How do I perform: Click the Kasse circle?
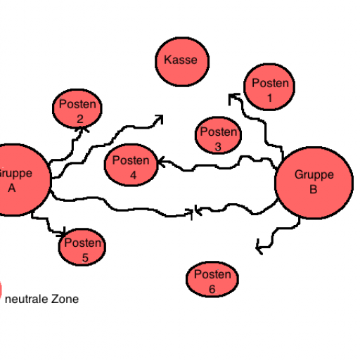point(182,62)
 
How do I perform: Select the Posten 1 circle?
point(269,86)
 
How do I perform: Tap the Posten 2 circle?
point(77,108)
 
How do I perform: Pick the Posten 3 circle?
point(218,135)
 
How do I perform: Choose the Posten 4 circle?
point(131,165)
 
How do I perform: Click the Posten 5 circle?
point(82,247)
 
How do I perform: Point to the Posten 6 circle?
point(212,279)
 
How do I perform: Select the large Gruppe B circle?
point(314,183)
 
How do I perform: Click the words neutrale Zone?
point(41,300)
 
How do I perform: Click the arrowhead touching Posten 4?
point(162,162)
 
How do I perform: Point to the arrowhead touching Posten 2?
point(82,129)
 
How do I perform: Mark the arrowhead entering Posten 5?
point(62,233)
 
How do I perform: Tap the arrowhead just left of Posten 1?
point(233,98)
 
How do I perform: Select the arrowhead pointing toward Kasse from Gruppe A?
point(159,120)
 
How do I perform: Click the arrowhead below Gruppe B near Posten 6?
point(259,247)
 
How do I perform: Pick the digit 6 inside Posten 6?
point(212,289)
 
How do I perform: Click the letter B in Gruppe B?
point(314,189)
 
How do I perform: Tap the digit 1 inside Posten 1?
point(270,98)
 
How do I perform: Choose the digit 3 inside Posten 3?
point(218,147)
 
